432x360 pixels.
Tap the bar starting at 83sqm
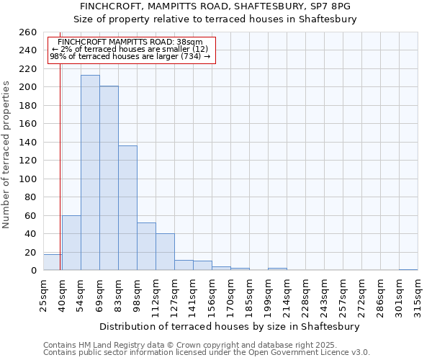(x=127, y=208)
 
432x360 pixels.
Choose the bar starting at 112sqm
(x=165, y=252)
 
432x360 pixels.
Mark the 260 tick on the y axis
(x=28, y=32)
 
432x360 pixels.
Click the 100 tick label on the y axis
(x=28, y=179)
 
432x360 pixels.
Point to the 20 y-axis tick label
(x=31, y=252)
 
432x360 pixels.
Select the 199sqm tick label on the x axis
(x=268, y=294)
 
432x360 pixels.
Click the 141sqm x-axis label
(x=193, y=294)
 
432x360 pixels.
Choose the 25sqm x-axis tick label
(x=43, y=294)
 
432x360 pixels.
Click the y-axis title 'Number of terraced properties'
(x=7, y=154)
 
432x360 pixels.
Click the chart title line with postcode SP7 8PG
(x=215, y=6)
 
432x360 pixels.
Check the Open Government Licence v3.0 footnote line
(x=206, y=353)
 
